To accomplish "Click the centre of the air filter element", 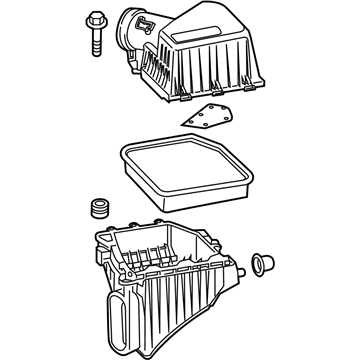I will tap(186, 175).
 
